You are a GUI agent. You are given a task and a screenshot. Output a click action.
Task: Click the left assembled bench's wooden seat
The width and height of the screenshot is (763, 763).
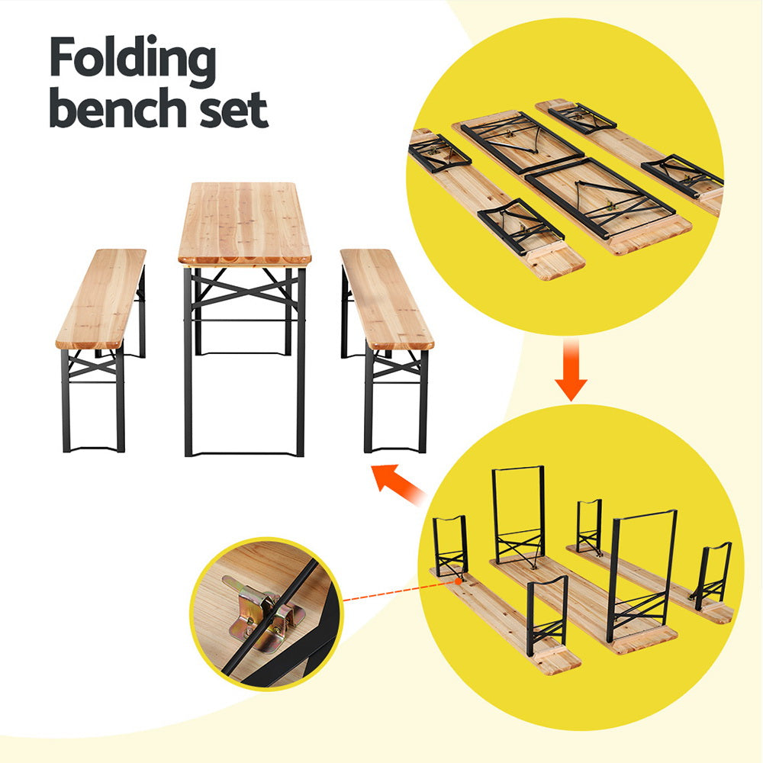(101, 298)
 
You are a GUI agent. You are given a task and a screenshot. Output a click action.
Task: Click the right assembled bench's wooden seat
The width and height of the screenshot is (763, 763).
(385, 298)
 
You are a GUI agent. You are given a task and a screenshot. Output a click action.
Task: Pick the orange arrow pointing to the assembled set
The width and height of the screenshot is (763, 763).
(401, 484)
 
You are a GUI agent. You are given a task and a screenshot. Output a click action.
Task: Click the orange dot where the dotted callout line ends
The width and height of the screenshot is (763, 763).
(458, 581)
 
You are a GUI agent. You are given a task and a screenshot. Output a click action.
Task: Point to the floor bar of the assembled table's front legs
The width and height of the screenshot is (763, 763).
(244, 455)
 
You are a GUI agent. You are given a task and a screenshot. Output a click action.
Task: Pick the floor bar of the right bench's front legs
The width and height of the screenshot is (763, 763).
(396, 451)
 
